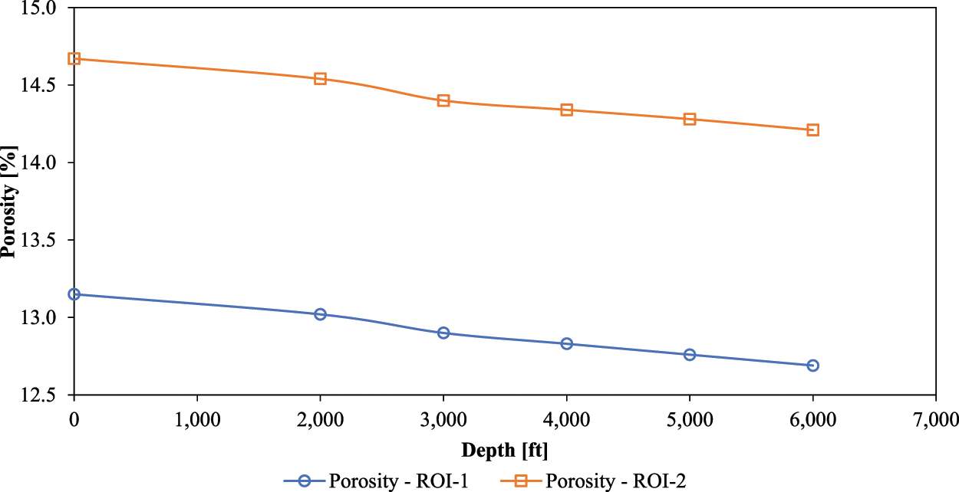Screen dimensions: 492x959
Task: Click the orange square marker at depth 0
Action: coord(74,58)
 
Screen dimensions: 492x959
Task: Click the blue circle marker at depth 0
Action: coord(74,294)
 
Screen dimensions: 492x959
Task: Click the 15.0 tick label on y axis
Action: coord(41,8)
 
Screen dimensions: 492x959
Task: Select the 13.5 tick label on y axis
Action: coord(41,240)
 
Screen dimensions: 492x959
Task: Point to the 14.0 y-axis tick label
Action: coord(41,162)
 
